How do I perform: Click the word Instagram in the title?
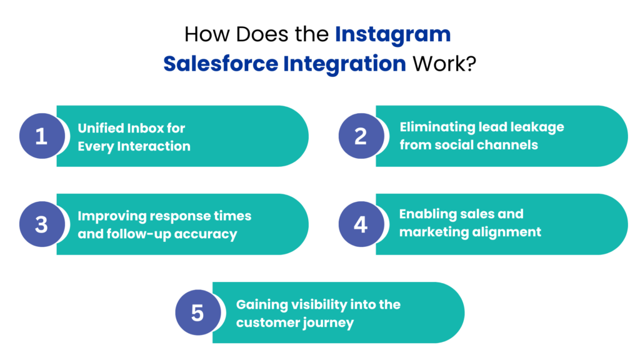pyautogui.click(x=392, y=34)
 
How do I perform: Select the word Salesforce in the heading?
pyautogui.click(x=220, y=64)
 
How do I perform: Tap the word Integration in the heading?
pyautogui.click(x=344, y=64)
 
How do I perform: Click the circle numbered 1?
pyautogui.click(x=41, y=136)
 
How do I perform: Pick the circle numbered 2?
pyautogui.click(x=361, y=136)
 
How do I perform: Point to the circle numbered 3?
pyautogui.click(x=41, y=224)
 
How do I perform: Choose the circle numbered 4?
pyautogui.click(x=361, y=224)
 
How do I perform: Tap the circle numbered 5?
pyautogui.click(x=197, y=312)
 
